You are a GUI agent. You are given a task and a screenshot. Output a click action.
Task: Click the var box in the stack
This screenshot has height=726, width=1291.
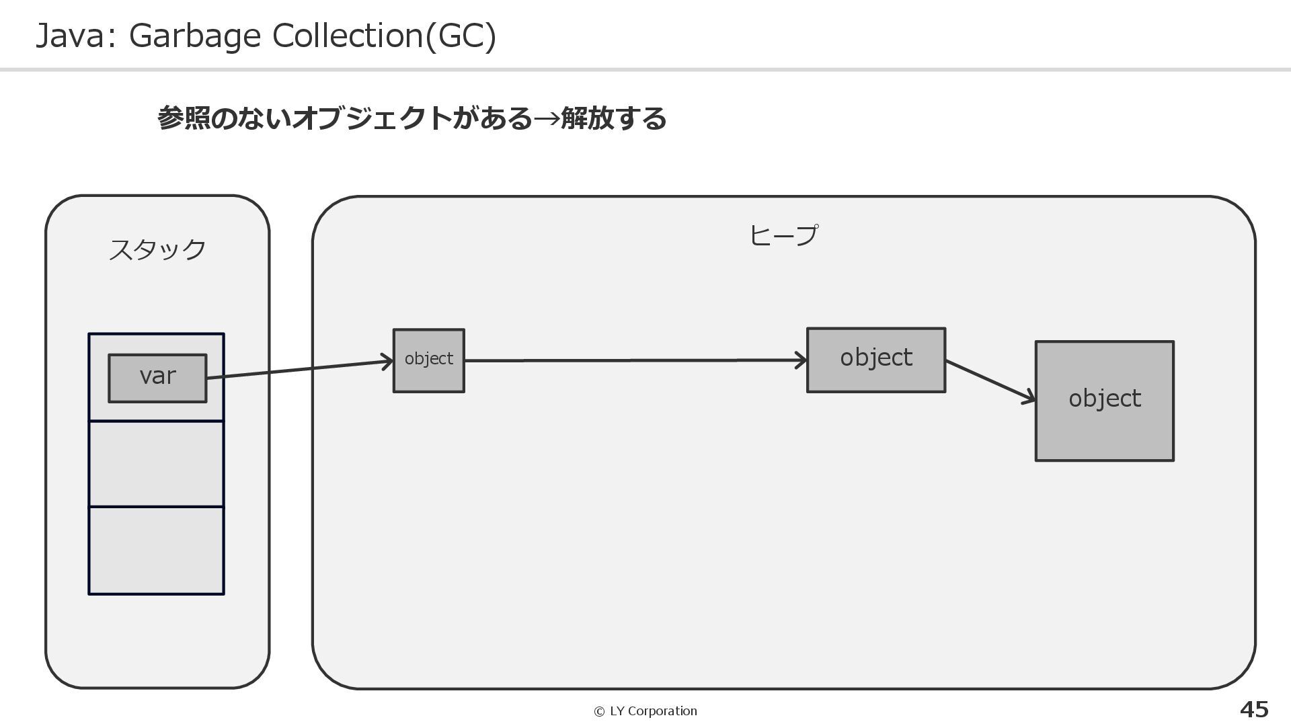pos(157,377)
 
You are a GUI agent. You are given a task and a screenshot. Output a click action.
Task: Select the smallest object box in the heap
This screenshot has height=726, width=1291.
pos(428,360)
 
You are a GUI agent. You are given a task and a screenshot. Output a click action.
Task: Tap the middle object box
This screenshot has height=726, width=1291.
pos(875,359)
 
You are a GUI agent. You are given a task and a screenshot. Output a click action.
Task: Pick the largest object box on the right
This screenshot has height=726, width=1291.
pos(1104,401)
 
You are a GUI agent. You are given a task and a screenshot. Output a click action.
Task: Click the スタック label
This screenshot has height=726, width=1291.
pos(157,249)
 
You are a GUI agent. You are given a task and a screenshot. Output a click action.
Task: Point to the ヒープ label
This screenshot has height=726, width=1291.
pos(783,235)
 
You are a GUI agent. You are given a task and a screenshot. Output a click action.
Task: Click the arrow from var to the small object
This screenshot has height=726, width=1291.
pos(299,369)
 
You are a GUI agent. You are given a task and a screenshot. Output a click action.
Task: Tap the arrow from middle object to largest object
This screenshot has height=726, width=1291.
pos(990,381)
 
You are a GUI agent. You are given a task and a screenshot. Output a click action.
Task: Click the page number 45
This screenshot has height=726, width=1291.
pos(1253,709)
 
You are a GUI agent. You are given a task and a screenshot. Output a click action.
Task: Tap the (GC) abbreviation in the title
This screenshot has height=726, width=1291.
pos(461,36)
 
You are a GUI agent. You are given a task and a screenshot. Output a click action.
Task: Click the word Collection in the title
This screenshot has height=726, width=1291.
pos(347,36)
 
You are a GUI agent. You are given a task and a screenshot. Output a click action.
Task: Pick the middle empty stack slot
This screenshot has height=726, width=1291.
pos(156,464)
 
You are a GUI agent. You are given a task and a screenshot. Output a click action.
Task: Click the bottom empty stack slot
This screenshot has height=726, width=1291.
pos(156,551)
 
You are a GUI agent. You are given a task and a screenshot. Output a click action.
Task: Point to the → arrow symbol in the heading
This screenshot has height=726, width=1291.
pos(546,119)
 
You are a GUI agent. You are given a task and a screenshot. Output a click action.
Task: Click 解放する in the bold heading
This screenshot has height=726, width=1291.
pos(613,119)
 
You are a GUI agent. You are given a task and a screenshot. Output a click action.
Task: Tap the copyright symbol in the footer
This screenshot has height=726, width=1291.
pos(599,711)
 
